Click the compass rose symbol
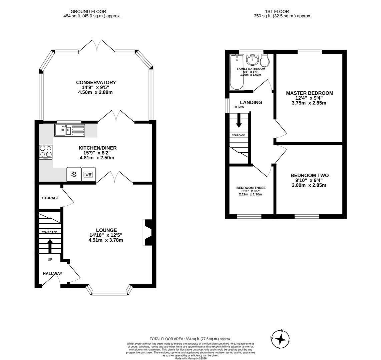[x=280, y=339]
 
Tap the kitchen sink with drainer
[x=70, y=130]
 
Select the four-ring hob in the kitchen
[x=46, y=152]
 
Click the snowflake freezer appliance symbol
[x=74, y=174]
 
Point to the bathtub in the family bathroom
[x=237, y=72]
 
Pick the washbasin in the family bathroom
[x=252, y=60]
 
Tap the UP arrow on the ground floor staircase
[x=50, y=246]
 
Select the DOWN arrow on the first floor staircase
[x=239, y=120]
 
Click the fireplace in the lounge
[x=147, y=232]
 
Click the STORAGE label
[x=50, y=198]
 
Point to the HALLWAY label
[x=52, y=274]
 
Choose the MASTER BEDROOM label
[x=309, y=93]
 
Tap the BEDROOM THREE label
[x=251, y=188]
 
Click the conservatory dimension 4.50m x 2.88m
[x=95, y=92]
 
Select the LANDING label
[x=251, y=103]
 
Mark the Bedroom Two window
[x=307, y=217]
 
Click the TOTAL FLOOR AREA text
[x=190, y=339]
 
